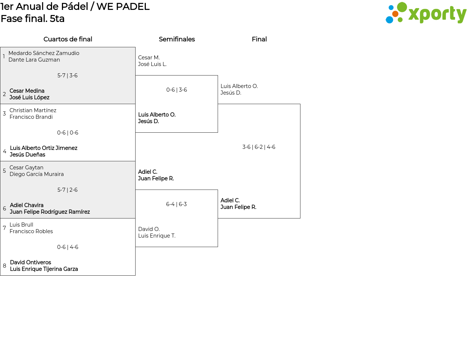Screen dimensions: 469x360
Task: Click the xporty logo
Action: click(426, 13)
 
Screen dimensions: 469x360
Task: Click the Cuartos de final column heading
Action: click(68, 39)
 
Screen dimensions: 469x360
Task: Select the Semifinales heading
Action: click(177, 39)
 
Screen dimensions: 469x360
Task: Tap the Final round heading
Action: click(259, 39)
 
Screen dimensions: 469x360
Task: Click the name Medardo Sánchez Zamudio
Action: click(44, 53)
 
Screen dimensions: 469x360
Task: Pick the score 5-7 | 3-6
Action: click(67, 76)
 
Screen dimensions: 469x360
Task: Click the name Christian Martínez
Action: click(33, 110)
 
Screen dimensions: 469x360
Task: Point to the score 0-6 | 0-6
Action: click(67, 133)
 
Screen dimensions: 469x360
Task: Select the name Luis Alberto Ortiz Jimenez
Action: click(44, 148)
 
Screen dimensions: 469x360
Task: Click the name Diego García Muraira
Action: click(37, 174)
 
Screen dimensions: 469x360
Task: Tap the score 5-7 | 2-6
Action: click(67, 190)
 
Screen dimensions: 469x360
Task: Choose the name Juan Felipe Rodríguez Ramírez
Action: click(50, 212)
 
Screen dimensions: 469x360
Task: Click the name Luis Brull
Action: click(21, 225)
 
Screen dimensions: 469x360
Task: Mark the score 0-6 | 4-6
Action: click(67, 247)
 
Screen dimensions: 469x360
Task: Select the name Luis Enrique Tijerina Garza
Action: click(44, 269)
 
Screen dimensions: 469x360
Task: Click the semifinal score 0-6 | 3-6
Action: click(177, 89)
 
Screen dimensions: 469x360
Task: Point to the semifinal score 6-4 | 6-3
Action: click(176, 204)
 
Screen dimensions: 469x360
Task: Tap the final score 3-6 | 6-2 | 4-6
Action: click(259, 147)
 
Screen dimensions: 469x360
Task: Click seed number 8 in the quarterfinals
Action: click(4, 266)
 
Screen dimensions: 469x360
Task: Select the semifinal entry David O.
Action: click(149, 229)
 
